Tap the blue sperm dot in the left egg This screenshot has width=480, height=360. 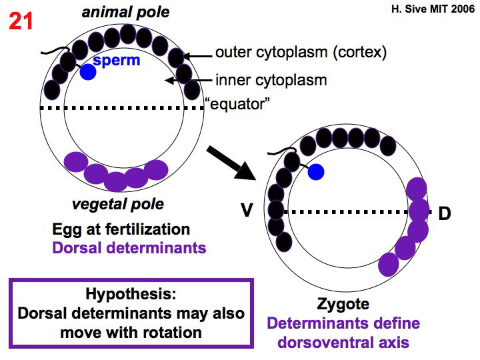point(88,72)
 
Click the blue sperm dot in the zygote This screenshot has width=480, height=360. point(317,171)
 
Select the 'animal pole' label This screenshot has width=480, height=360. point(126,12)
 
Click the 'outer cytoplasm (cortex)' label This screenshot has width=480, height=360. point(301,53)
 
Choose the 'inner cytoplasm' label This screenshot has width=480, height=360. point(271,81)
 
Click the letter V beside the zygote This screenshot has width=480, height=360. point(247,211)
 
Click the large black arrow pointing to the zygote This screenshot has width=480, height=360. point(230,163)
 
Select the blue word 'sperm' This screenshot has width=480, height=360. point(117,61)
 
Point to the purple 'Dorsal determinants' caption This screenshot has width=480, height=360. point(129,248)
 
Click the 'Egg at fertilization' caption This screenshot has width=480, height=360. point(121,229)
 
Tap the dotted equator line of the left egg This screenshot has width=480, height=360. point(120,107)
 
